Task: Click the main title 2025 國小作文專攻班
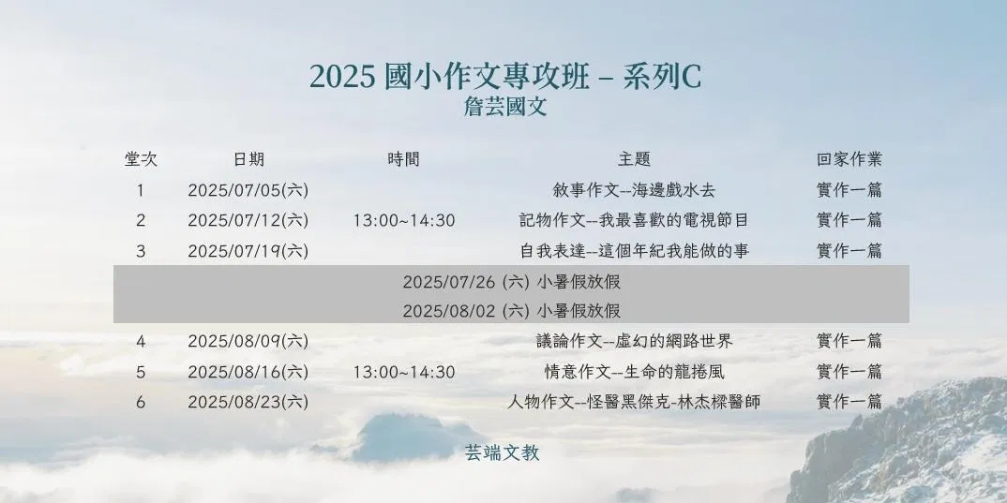(449, 77)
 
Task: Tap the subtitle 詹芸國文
(505, 107)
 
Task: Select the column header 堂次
(141, 159)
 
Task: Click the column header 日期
(248, 159)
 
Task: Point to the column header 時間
(403, 159)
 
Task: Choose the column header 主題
(635, 159)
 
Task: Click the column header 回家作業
(849, 159)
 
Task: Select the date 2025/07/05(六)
(248, 190)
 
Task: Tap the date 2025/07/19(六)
(248, 251)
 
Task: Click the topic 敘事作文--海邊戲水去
(634, 190)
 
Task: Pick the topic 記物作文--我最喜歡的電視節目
(634, 221)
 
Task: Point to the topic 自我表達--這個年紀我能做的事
(634, 251)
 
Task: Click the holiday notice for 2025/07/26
(511, 282)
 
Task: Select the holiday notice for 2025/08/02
(511, 311)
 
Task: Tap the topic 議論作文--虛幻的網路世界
(634, 341)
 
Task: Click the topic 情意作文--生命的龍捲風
(634, 372)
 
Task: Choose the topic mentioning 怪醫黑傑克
(634, 402)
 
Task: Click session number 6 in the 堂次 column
(141, 402)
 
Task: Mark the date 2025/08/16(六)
(248, 372)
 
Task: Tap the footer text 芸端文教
(503, 453)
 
